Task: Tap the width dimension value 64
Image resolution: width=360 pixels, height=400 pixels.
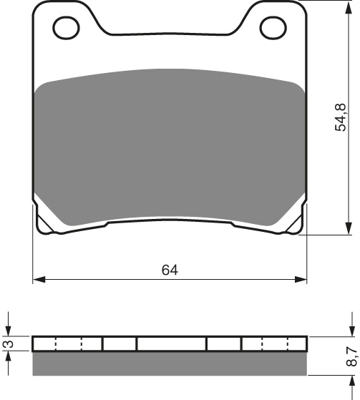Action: pos(170,270)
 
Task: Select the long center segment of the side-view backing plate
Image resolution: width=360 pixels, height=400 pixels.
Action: pos(171,344)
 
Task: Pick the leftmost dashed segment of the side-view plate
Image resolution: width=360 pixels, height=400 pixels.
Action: pos(57,344)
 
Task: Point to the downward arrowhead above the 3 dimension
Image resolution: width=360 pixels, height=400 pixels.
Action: pos(9,330)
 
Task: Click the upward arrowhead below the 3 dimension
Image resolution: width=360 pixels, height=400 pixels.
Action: pos(9,358)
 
